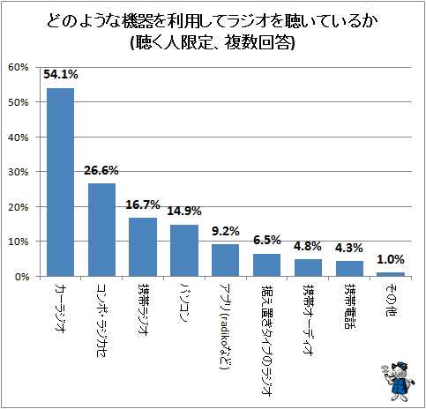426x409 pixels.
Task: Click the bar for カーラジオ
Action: (x=60, y=182)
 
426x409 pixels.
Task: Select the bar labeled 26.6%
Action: (x=101, y=230)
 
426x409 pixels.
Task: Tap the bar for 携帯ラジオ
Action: (x=143, y=247)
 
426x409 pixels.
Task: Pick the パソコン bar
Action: (x=184, y=250)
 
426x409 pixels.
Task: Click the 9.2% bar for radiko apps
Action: (x=226, y=260)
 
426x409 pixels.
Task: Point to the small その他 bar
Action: (x=391, y=274)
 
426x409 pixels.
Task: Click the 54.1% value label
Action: (x=61, y=74)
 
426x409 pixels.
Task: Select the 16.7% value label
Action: (x=143, y=204)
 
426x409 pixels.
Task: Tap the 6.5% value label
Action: (x=267, y=240)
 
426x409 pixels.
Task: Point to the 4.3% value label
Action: (x=349, y=248)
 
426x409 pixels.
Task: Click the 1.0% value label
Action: (x=391, y=259)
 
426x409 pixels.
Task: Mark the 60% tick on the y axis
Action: (x=19, y=67)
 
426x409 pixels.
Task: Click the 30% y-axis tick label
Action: (x=19, y=172)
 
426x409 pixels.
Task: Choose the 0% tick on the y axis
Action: (x=22, y=277)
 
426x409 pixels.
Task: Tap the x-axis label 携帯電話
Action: (x=349, y=306)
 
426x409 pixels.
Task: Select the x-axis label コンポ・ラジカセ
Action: (x=101, y=320)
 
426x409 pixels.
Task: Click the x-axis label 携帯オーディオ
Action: (x=308, y=320)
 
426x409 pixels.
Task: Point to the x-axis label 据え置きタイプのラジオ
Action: (x=267, y=339)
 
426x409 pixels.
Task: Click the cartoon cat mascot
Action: (x=398, y=381)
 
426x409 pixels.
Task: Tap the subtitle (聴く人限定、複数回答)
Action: (x=213, y=43)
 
